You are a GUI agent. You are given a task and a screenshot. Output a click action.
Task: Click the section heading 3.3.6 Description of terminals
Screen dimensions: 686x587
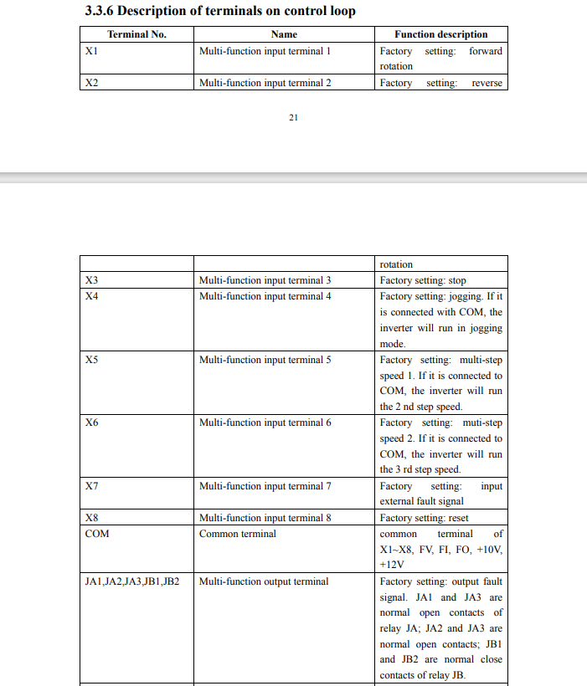tap(220, 11)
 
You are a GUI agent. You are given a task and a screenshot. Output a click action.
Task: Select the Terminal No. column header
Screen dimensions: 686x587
tap(136, 34)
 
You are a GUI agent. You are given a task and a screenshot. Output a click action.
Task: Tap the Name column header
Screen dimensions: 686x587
tap(284, 34)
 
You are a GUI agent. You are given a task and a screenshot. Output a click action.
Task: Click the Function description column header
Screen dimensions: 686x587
tap(440, 34)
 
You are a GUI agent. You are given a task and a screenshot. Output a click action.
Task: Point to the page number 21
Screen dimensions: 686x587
tap(293, 117)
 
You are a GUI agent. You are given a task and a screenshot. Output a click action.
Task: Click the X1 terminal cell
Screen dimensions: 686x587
tap(91, 51)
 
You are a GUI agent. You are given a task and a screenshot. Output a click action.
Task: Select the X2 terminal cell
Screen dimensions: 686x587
tap(92, 83)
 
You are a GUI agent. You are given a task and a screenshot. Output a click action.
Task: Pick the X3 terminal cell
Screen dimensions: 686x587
tap(92, 280)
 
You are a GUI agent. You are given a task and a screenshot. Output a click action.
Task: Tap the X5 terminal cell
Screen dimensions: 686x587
tap(92, 360)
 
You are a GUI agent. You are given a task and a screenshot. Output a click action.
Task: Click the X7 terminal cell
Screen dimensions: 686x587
tap(92, 486)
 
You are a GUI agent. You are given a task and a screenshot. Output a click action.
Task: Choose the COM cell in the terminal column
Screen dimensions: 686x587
tap(97, 534)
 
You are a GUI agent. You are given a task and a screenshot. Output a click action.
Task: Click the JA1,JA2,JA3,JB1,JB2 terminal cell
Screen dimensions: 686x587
tap(132, 581)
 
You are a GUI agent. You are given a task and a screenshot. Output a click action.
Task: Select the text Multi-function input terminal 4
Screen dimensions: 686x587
tap(265, 296)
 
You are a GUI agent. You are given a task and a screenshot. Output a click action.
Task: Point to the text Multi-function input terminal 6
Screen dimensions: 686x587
tap(265, 422)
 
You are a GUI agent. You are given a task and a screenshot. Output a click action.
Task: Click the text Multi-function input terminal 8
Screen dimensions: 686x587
tap(265, 518)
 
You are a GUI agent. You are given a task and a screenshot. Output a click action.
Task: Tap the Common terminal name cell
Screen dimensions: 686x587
tap(237, 534)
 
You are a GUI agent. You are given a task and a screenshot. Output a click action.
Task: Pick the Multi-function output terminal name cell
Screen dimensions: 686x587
tap(264, 581)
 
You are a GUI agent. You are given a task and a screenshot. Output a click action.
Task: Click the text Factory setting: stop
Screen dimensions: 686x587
tap(423, 280)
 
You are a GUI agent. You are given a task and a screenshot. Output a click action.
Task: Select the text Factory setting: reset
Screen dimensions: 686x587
tap(424, 518)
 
